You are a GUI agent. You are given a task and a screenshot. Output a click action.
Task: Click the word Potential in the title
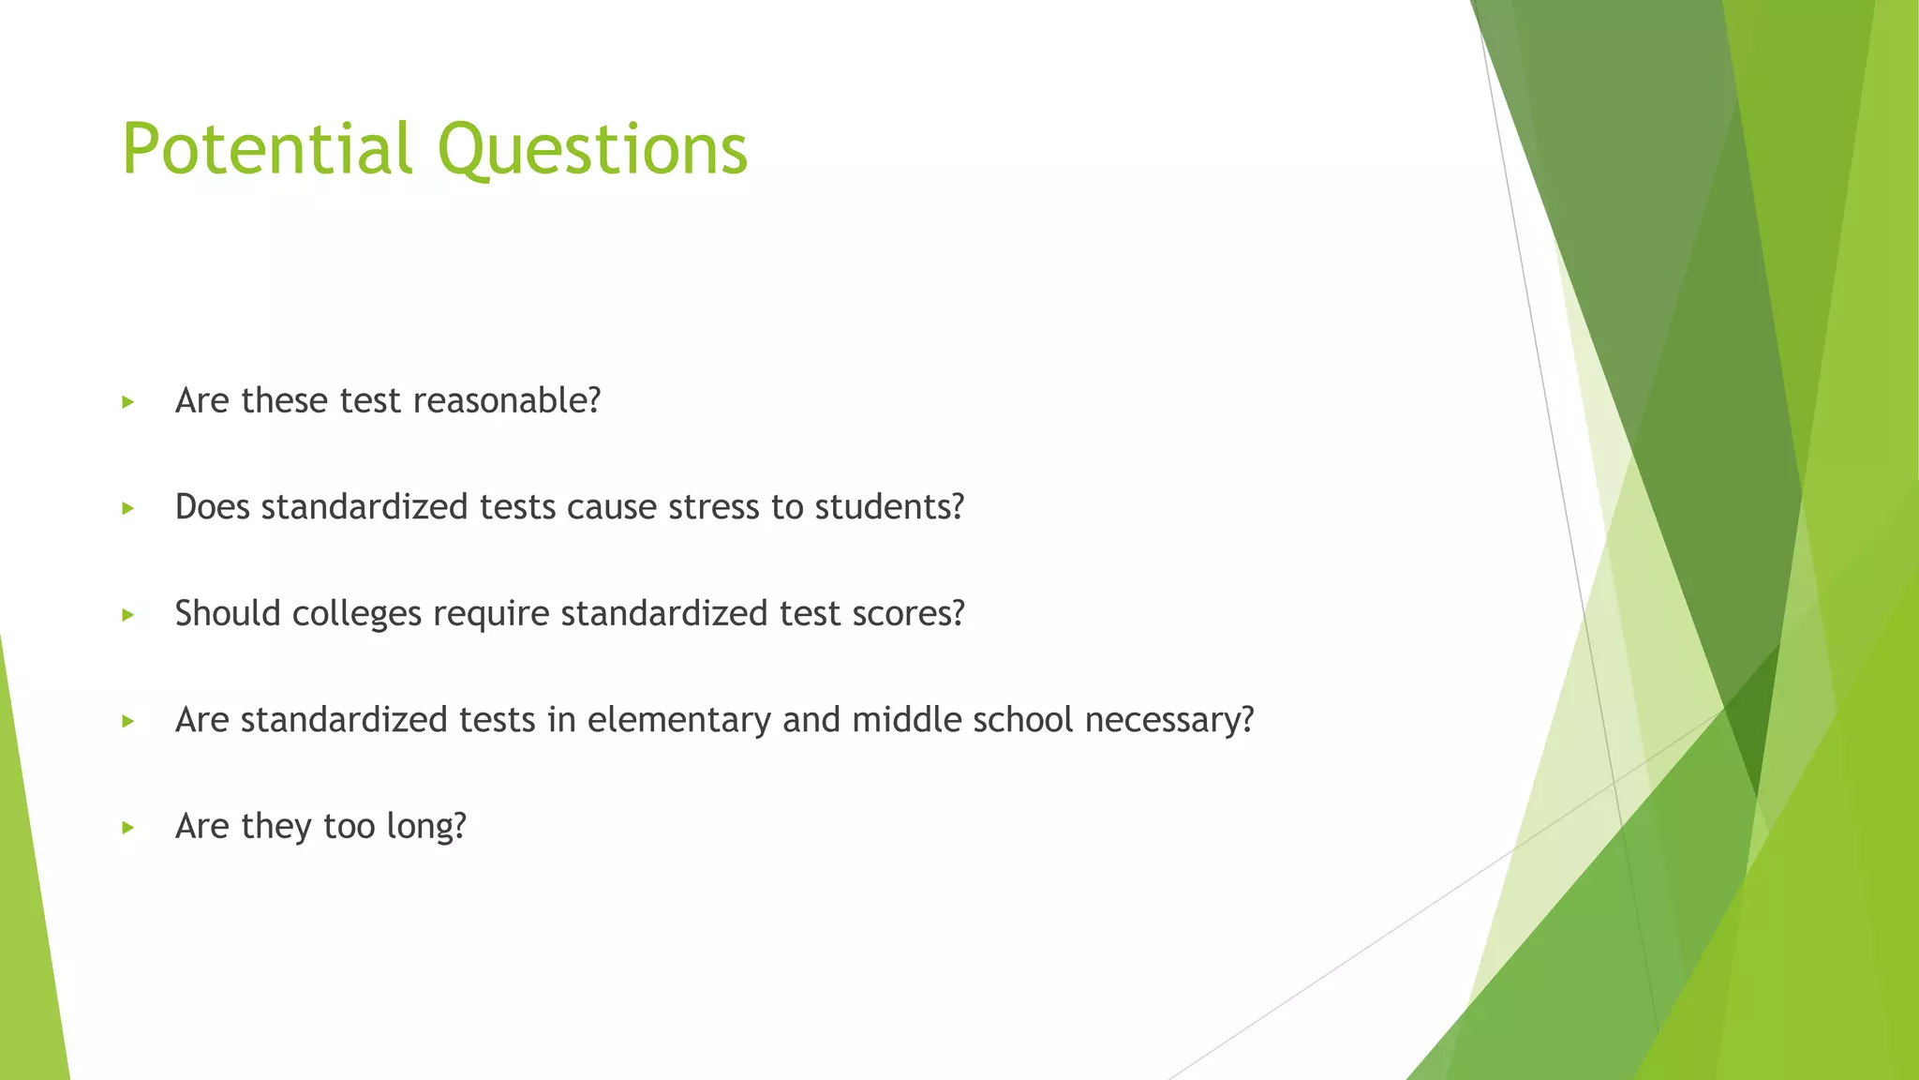tap(267, 149)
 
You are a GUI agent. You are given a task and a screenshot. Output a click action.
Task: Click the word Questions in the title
tap(592, 149)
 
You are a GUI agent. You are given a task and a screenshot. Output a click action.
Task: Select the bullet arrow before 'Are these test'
tap(128, 402)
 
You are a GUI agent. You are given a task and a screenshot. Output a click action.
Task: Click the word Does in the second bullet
tap(212, 507)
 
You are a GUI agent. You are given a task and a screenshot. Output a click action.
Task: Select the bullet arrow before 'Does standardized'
tap(128, 508)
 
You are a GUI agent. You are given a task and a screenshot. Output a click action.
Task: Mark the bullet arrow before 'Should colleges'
tap(128, 615)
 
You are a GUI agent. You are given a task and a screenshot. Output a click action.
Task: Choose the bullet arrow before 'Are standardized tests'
tap(128, 721)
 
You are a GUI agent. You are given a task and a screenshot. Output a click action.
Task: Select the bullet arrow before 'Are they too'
tap(128, 828)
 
